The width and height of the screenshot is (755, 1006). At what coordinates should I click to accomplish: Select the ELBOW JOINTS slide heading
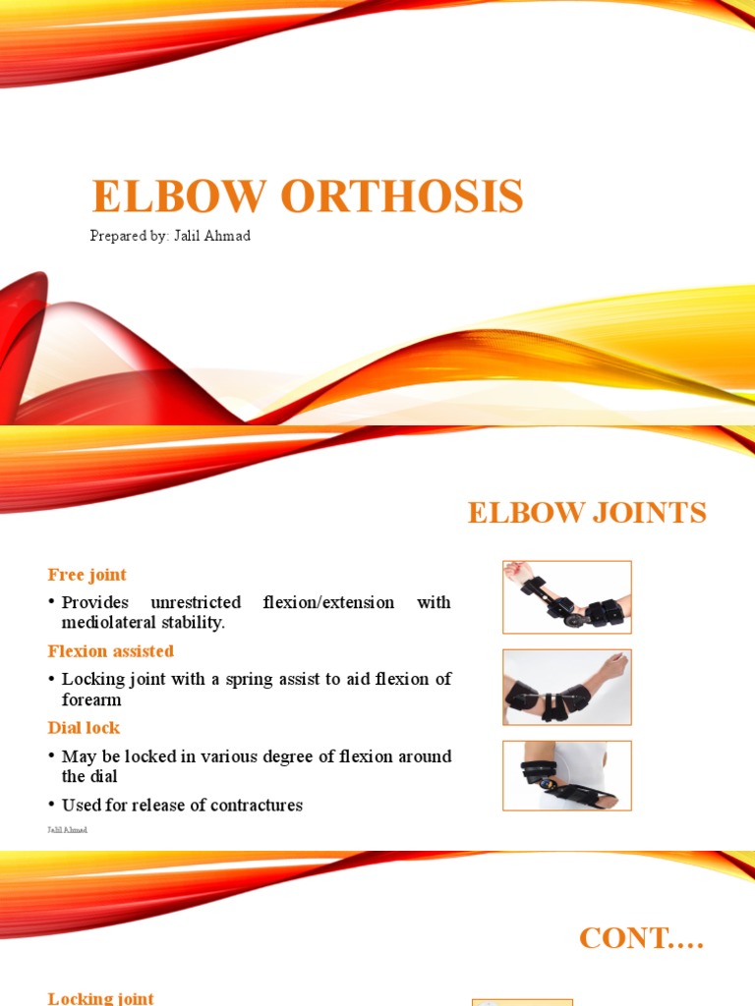(587, 513)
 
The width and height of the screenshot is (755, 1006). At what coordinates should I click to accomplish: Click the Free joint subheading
(87, 575)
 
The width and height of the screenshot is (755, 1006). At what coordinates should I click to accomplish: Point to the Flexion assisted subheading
(110, 651)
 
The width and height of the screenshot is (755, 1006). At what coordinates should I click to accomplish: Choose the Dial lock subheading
(84, 728)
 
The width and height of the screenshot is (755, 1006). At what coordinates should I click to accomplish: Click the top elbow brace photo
(566, 597)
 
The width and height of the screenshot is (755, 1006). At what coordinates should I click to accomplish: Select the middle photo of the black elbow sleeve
(566, 687)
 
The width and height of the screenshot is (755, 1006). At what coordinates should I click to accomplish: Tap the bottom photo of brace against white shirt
(566, 775)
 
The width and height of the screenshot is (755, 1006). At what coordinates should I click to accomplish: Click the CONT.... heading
(642, 938)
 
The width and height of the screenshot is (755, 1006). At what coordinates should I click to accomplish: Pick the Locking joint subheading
(100, 998)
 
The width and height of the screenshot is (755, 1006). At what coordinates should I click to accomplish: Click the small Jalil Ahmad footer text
(67, 830)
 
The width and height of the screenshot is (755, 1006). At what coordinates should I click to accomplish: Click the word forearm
(91, 699)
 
